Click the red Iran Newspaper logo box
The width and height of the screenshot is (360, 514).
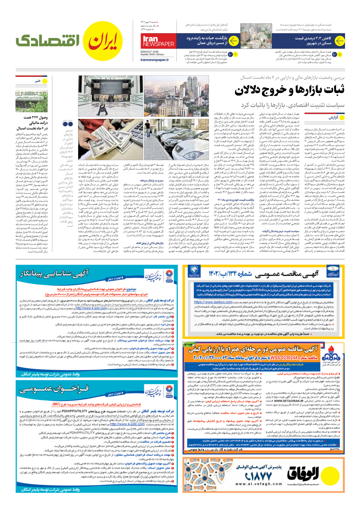point(158,41)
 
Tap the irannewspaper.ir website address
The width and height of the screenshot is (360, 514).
point(155,60)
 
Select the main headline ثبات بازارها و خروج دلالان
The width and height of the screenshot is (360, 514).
point(289,90)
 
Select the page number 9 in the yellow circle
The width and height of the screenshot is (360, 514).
point(235,54)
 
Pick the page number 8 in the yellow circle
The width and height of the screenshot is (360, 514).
point(340,54)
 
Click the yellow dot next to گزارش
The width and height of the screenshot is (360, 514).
point(342,117)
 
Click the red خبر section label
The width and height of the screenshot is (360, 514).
point(38,81)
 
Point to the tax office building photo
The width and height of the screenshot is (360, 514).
point(31,101)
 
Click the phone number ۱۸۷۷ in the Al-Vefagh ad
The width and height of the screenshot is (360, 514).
point(264,477)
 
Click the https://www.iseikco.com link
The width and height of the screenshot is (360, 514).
point(213,302)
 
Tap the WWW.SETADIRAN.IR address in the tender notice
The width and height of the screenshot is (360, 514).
point(288,401)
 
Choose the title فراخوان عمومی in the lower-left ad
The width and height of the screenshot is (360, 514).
point(54,390)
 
